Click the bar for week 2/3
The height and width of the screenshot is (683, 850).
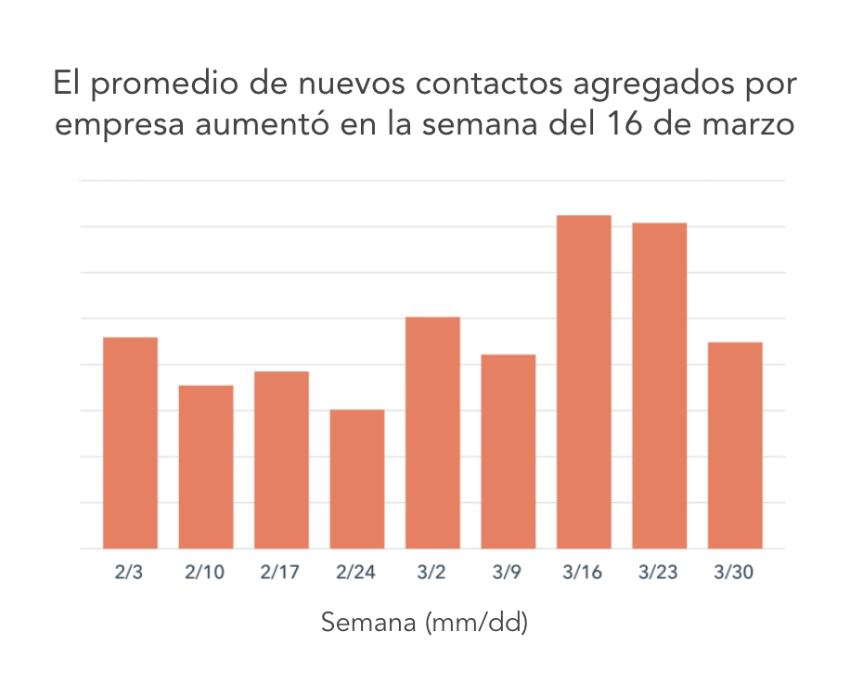[130, 443]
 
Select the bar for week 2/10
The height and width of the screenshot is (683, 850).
[206, 467]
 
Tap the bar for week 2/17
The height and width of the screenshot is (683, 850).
[281, 460]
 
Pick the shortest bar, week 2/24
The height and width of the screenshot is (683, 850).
[357, 479]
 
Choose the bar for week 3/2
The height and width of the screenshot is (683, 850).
[432, 432]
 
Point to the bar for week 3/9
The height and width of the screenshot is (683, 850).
[509, 452]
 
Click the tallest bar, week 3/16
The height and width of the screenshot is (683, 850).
[584, 381]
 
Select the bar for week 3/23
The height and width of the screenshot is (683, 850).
[660, 385]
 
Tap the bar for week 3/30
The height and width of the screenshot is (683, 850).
[735, 445]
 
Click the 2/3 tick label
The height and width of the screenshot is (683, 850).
[130, 573]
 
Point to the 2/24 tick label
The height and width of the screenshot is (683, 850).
[357, 573]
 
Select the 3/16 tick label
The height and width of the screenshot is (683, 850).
[584, 573]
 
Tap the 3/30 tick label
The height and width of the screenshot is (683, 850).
[735, 573]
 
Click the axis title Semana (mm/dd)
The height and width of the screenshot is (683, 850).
[424, 623]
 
